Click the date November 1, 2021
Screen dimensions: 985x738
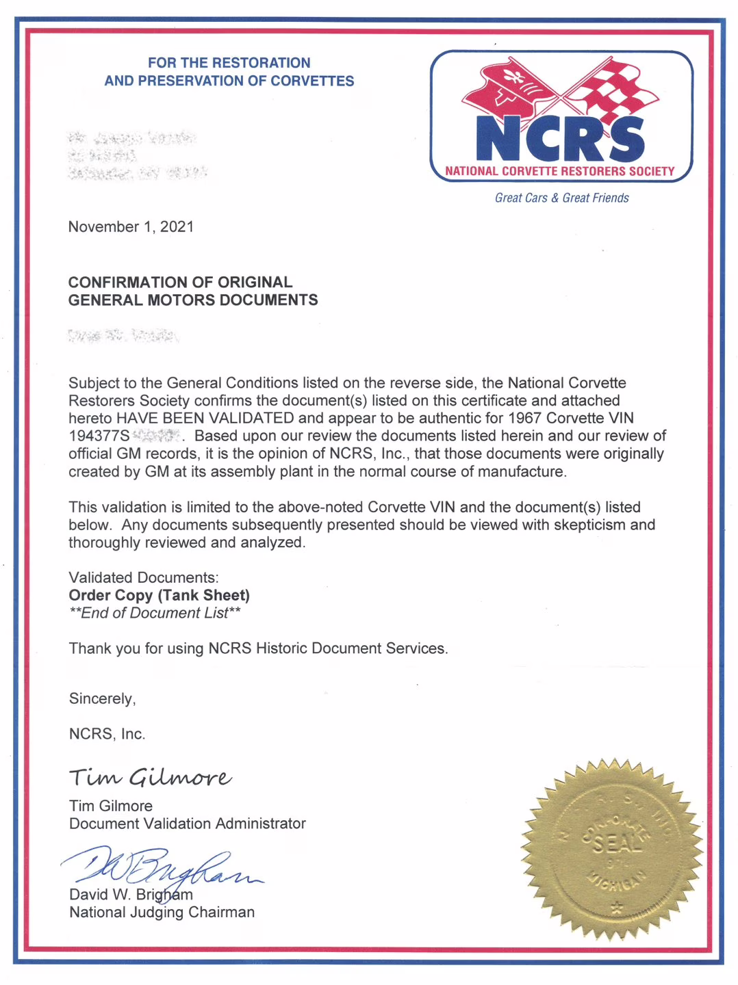131,227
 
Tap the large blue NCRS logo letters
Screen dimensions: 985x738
560,139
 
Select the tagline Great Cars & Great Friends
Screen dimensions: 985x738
561,198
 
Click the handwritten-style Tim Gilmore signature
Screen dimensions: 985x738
150,777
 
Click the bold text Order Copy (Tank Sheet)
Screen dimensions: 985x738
160,595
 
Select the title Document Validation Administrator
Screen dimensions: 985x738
187,824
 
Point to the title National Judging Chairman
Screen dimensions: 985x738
162,912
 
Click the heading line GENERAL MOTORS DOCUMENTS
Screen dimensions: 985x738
193,300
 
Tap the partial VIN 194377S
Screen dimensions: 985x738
99,436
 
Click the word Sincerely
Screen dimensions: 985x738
102,698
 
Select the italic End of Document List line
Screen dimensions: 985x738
155,613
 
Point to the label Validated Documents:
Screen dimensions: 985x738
144,577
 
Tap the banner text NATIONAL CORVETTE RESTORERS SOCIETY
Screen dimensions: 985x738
560,171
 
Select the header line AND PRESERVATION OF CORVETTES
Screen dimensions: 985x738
229,81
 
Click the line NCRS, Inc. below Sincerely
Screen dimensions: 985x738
107,734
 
